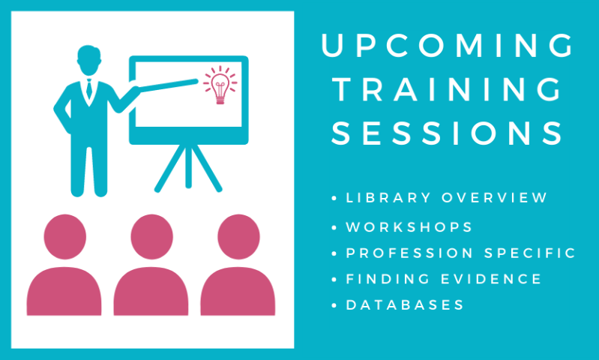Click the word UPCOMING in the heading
tap(447, 46)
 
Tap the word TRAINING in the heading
tap(447, 90)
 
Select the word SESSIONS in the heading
tap(447, 133)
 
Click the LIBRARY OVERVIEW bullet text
tap(447, 198)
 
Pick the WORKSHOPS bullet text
tap(409, 226)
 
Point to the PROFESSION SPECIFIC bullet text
tap(460, 253)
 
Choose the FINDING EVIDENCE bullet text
tap(443, 279)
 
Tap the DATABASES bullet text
tap(404, 305)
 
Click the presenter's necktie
tap(89, 91)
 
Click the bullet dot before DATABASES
tap(334, 305)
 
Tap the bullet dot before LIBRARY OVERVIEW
tap(334, 199)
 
